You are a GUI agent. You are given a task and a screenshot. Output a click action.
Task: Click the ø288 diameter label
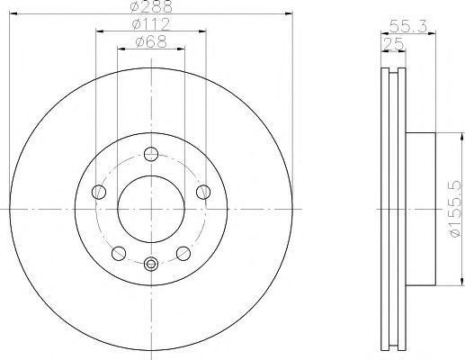click(x=151, y=6)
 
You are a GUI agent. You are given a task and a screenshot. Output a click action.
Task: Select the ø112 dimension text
click(x=151, y=24)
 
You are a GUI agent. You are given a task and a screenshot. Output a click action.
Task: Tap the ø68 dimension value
click(x=151, y=41)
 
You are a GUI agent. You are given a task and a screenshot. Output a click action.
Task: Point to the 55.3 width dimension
click(x=408, y=26)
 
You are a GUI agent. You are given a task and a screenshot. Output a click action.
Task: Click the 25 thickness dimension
click(x=393, y=44)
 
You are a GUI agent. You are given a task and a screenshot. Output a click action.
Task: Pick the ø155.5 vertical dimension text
click(x=454, y=209)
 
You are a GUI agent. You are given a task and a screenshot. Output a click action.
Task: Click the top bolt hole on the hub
click(x=151, y=154)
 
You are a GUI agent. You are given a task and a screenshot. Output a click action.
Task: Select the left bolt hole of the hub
click(x=99, y=192)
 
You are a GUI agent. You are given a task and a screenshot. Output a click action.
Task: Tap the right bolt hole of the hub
click(x=203, y=192)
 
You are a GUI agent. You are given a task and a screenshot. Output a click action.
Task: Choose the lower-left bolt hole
click(x=119, y=254)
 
